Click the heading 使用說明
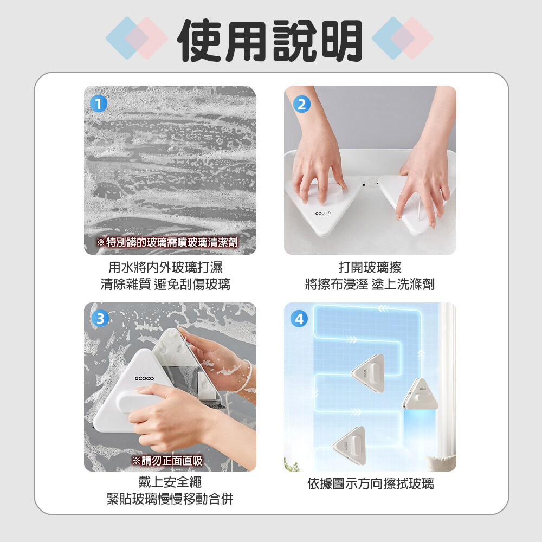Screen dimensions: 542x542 point(270,40)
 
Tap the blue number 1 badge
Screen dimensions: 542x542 point(99,104)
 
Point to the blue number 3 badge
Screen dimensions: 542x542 point(100,318)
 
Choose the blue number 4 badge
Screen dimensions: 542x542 point(299,319)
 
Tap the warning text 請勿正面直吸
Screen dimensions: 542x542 point(167,460)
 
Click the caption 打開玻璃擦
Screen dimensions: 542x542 point(370,267)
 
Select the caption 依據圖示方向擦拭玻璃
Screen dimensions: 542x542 point(371,483)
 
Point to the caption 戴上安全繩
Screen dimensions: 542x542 point(170,482)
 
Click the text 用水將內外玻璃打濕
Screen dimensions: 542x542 point(165,267)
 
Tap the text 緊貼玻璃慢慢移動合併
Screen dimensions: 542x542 point(170,499)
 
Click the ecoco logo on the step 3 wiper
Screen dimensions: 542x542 point(144,378)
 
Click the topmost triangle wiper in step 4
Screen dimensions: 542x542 point(369,373)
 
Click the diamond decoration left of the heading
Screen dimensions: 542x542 point(137,38)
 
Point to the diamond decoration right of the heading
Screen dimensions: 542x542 point(403,38)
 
